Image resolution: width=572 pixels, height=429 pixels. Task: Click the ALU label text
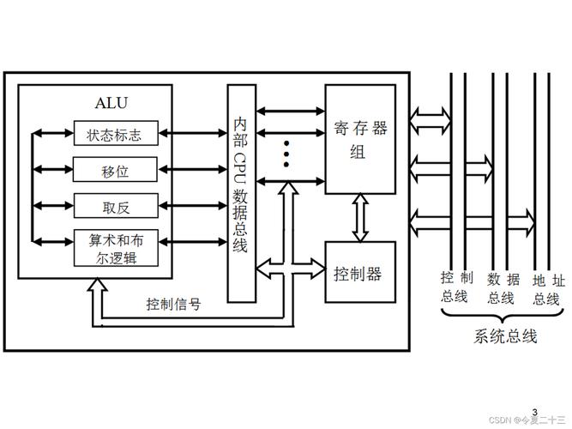(112, 105)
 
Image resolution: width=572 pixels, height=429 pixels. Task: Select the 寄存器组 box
(359, 139)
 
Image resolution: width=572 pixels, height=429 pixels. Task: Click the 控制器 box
(359, 274)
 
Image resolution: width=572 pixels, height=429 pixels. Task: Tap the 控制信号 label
(173, 303)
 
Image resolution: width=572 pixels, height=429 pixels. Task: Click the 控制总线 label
(454, 287)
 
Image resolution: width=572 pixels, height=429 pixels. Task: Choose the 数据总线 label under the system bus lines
(503, 287)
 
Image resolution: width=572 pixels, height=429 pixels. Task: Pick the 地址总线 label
(546, 287)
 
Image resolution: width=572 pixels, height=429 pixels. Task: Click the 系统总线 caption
(505, 336)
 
